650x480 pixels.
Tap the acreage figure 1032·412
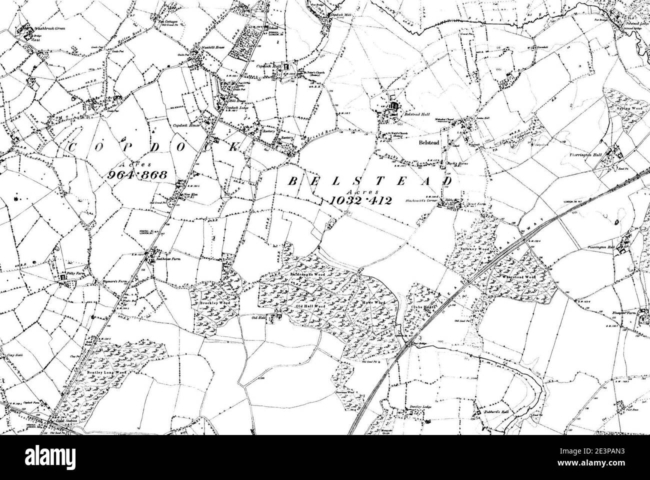(x=360, y=200)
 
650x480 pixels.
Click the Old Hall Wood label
(x=310, y=306)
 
